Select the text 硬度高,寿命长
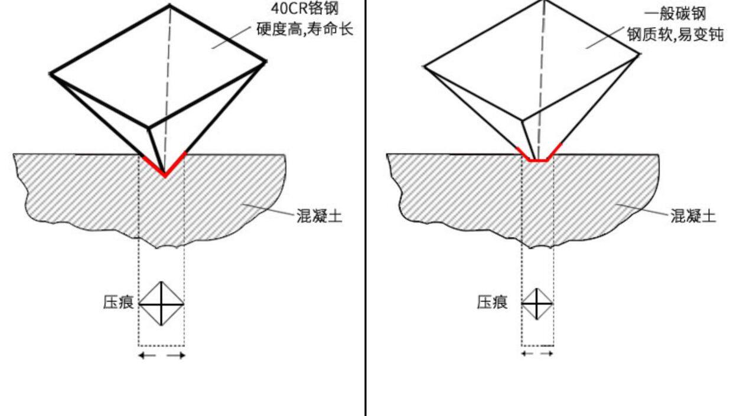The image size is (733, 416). [305, 29]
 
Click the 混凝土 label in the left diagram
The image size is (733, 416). [319, 216]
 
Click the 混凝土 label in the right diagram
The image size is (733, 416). [693, 216]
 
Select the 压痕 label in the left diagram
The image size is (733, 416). [118, 303]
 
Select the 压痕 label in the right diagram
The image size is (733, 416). [492, 303]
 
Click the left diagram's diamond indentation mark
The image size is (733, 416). [161, 304]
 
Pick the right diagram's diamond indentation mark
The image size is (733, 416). [537, 304]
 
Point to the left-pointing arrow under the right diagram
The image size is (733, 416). [527, 353]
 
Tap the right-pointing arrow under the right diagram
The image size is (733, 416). [547, 353]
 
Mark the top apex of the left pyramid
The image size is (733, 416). [170, 5]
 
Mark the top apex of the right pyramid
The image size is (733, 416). [545, 1]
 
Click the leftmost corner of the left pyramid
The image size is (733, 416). [51, 74]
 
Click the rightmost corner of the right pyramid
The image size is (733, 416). [640, 54]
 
